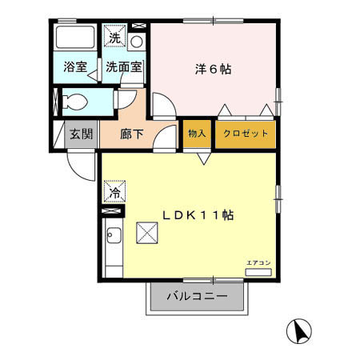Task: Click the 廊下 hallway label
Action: [131, 134]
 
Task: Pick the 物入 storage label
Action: [196, 133]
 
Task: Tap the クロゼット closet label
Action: [246, 133]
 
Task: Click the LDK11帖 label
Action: [198, 214]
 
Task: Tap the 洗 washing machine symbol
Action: [115, 37]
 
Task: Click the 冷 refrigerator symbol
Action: [114, 192]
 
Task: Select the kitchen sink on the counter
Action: [113, 237]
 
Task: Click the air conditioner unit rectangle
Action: [258, 273]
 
